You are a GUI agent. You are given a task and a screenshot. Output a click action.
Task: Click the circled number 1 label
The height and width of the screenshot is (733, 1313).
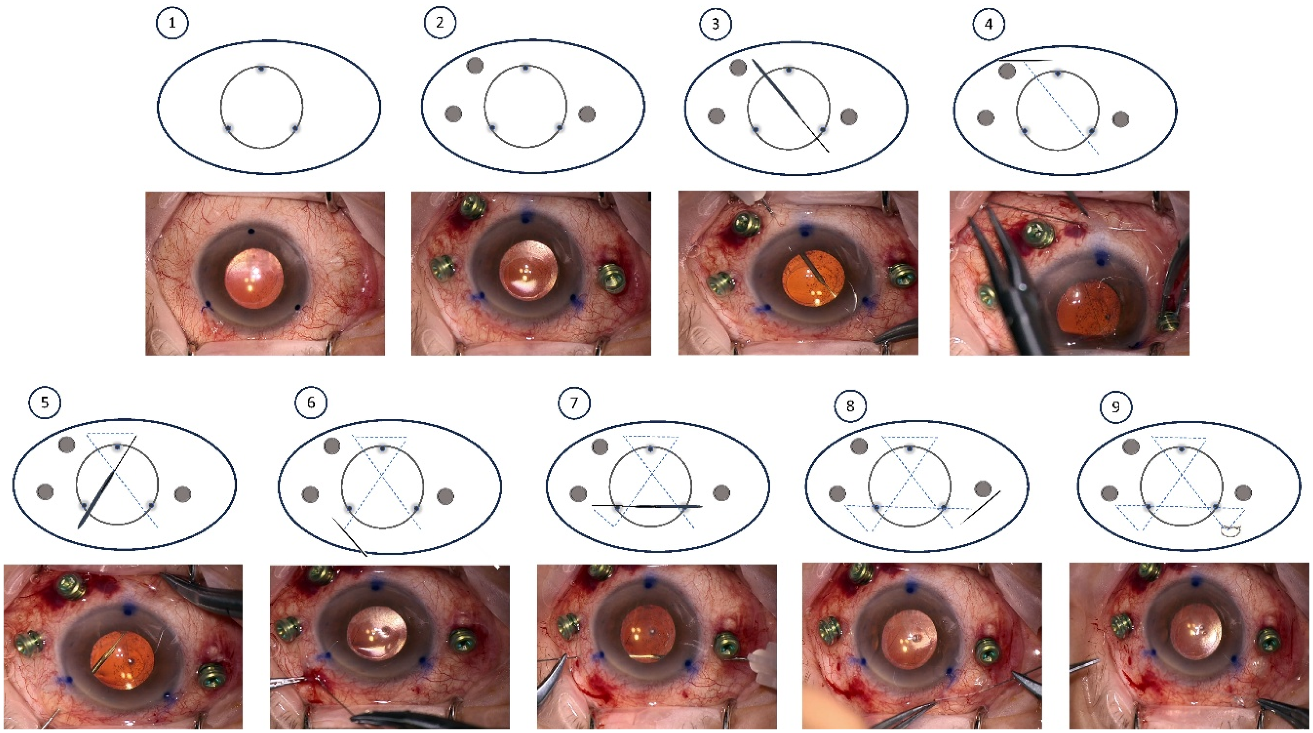click(172, 23)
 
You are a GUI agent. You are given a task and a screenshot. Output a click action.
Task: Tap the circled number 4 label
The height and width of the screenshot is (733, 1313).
click(988, 24)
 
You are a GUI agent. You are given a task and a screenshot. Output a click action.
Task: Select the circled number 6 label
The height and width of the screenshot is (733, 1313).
click(311, 403)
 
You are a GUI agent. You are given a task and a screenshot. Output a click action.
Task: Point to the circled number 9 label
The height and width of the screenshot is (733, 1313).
click(1116, 407)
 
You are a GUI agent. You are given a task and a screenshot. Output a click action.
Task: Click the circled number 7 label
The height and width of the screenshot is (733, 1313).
click(574, 403)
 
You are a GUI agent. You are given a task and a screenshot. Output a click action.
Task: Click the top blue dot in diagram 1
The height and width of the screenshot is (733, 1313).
click(262, 69)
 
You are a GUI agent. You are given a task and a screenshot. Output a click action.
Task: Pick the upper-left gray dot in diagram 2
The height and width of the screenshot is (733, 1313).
click(475, 65)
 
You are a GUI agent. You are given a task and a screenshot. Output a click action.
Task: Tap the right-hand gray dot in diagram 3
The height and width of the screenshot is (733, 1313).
click(849, 117)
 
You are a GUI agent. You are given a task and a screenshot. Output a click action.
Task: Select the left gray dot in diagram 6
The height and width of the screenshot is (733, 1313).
click(310, 494)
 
